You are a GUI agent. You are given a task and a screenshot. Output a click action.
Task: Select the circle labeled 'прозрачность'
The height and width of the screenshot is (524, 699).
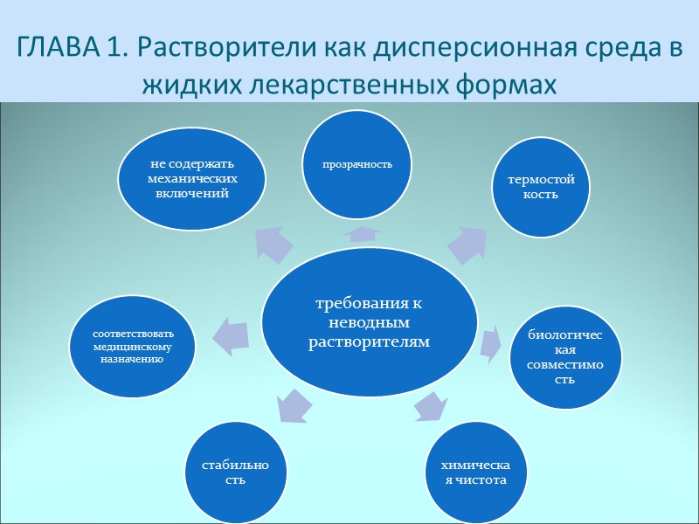tap(356, 164)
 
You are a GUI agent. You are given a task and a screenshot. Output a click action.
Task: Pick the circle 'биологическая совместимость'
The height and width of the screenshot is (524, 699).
tap(564, 356)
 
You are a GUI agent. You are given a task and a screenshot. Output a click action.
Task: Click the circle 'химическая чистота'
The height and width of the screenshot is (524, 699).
tap(473, 472)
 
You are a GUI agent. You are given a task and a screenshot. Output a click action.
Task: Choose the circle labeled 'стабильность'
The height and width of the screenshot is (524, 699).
tap(234, 472)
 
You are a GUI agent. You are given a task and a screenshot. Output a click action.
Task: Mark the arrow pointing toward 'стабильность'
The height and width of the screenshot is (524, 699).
tap(294, 405)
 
